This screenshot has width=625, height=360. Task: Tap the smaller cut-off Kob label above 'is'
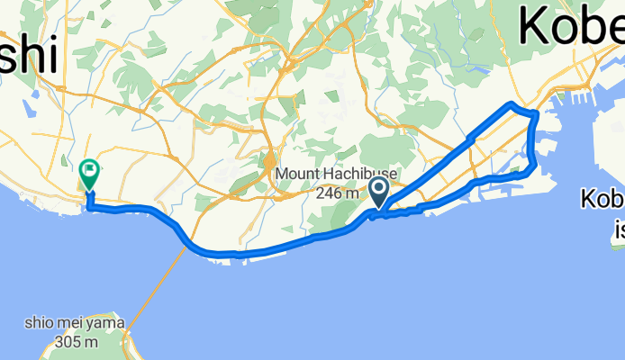(602, 199)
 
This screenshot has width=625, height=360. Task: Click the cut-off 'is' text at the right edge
(619, 230)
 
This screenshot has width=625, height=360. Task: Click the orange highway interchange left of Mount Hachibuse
(268, 162)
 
